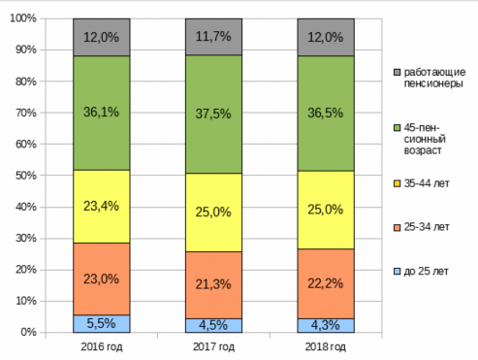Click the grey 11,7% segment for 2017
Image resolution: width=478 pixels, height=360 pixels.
pos(213,37)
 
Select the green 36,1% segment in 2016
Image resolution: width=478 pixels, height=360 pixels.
pos(102,113)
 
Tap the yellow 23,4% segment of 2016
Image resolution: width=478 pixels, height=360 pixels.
pos(102,207)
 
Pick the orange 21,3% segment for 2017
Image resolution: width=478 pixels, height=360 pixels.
pos(213,285)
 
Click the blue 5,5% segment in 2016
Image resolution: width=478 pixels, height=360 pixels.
pos(102,323)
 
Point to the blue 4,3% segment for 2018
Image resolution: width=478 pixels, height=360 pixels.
pos(326,325)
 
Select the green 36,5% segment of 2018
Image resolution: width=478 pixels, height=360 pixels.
pos(326,114)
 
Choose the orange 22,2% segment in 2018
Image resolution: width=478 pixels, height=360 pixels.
pos(326,284)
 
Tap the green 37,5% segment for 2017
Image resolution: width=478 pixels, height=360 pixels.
pos(213,115)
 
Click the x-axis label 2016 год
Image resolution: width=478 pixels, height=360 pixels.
pos(102,346)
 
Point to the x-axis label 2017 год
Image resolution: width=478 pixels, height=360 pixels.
pos(213,346)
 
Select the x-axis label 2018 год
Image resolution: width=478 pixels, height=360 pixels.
pos(326,346)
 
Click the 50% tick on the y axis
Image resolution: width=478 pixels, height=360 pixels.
pos(26,176)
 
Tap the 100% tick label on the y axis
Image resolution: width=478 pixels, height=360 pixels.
pos(23,18)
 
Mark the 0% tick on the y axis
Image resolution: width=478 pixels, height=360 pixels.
pos(28,332)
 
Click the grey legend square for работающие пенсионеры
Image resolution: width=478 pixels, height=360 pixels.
pos(398,72)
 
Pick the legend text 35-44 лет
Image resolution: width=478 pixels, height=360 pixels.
pos(427,183)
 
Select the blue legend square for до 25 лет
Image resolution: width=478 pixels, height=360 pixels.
pos(398,271)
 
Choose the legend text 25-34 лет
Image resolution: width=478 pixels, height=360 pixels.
pos(427,227)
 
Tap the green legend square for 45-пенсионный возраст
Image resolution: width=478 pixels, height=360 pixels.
pos(398,128)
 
